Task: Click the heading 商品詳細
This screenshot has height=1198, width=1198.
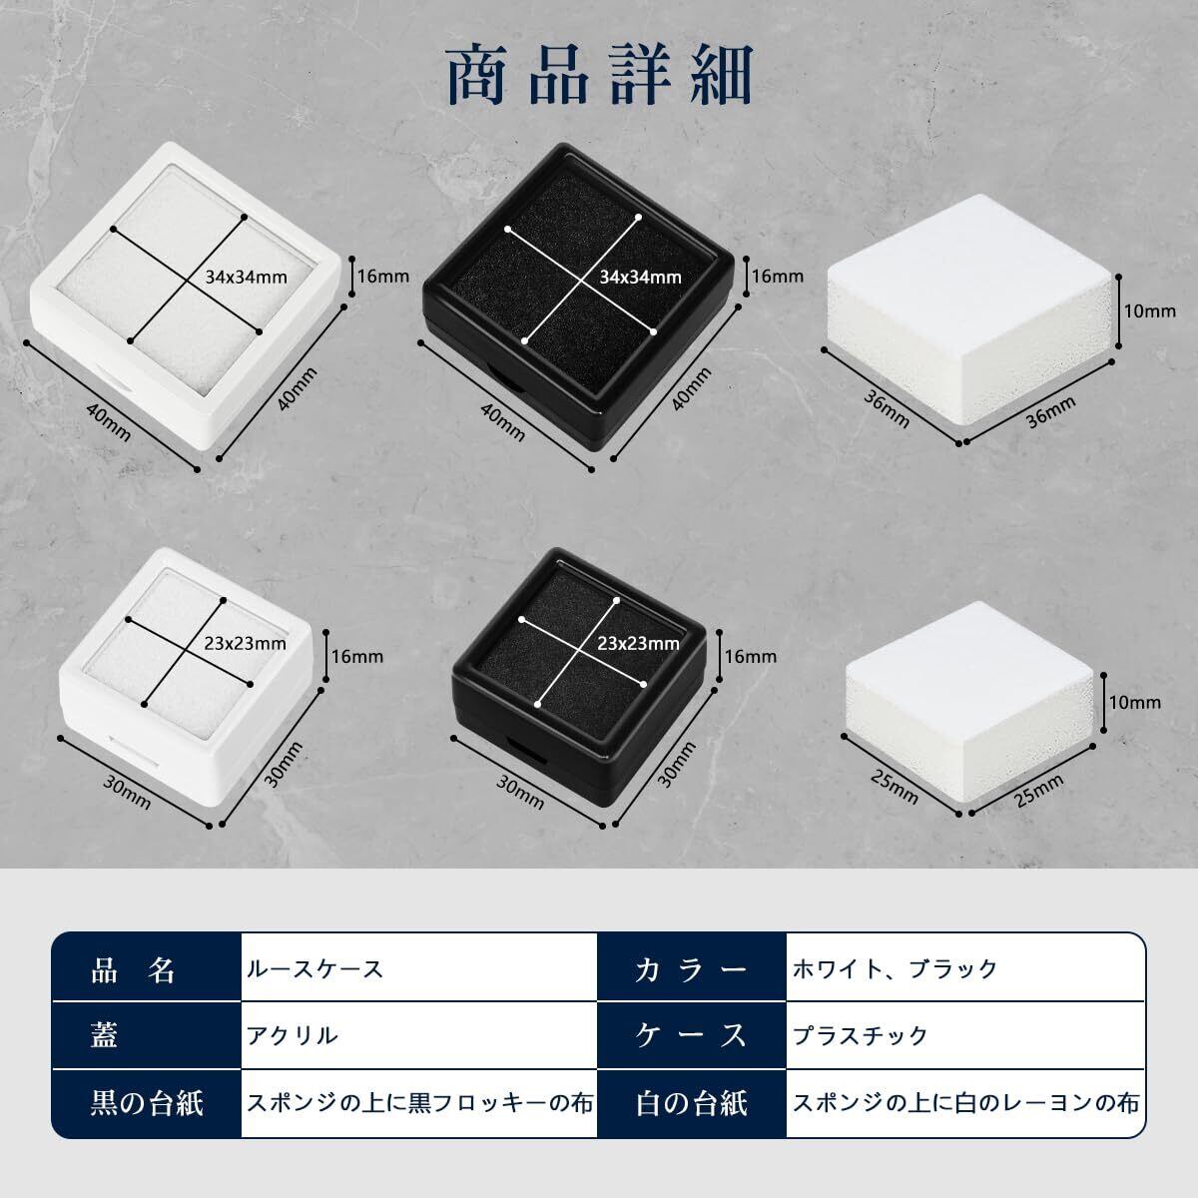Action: click(600, 75)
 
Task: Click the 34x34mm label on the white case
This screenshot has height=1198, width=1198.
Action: click(247, 277)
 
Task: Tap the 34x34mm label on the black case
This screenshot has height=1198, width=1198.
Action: click(640, 277)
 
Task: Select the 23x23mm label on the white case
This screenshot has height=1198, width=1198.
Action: click(245, 644)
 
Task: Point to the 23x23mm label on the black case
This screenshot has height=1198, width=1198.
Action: click(639, 644)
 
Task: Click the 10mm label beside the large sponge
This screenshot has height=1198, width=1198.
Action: click(1149, 310)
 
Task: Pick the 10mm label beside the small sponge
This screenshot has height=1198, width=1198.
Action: click(1135, 703)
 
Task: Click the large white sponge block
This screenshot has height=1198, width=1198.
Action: click(969, 317)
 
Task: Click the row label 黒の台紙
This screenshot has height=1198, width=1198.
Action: click(147, 1103)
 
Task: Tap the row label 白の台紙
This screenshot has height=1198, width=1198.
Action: click(691, 1103)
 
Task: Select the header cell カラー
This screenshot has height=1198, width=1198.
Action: click(691, 969)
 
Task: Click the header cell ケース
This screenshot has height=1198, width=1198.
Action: click(691, 1035)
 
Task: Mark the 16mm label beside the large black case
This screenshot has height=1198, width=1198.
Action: click(777, 276)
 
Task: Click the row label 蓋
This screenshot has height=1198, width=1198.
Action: click(104, 1035)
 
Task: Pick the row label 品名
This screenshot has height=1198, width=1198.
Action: click(133, 969)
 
